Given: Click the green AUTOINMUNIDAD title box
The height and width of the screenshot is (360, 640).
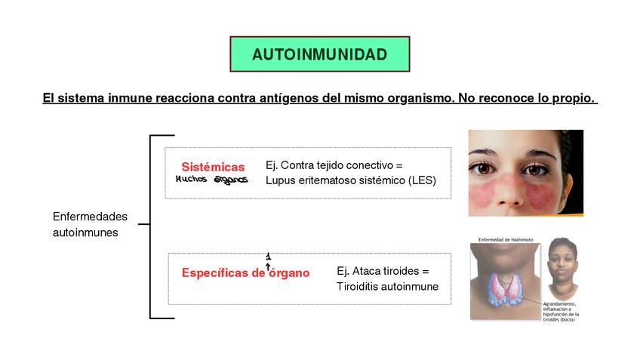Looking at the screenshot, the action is coord(319,54).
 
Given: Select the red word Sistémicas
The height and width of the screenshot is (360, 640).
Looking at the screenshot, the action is coord(213,167).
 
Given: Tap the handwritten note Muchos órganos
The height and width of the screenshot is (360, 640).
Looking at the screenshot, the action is coord(211,180).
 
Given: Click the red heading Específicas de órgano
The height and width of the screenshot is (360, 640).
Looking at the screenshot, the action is coord(245,273).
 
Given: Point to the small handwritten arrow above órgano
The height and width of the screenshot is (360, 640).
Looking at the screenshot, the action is coord(268,261).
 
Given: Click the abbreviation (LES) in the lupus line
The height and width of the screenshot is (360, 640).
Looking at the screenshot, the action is coord(422,180).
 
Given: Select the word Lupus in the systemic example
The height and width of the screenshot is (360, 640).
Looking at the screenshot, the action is coord(280,180).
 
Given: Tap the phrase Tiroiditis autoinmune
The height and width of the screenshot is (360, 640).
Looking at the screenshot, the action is coord(387,287).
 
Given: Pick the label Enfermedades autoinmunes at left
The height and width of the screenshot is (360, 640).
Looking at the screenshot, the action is coord(90,225).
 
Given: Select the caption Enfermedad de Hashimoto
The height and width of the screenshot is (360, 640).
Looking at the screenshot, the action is coord(506,240).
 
